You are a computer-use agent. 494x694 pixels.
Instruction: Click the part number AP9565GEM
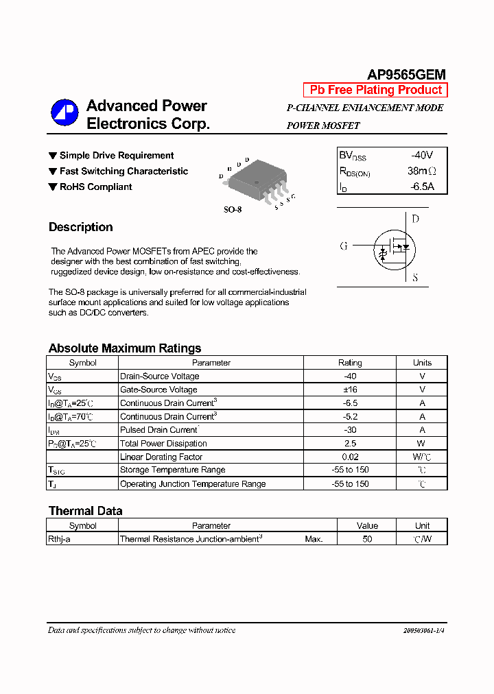click(x=406, y=75)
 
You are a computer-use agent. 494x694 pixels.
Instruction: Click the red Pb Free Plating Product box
click(x=375, y=90)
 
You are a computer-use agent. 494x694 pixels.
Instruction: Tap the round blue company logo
click(x=64, y=114)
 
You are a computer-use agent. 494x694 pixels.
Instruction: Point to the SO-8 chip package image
click(x=257, y=182)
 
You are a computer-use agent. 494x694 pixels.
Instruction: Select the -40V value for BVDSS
click(x=422, y=155)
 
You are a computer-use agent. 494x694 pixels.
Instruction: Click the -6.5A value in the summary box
click(x=422, y=187)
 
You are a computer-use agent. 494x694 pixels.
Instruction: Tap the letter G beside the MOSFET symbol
click(x=344, y=246)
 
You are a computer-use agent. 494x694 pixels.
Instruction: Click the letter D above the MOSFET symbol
click(x=415, y=219)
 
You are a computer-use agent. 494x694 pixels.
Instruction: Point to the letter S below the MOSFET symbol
click(x=415, y=278)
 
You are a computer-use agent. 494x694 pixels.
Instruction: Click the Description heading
click(x=80, y=227)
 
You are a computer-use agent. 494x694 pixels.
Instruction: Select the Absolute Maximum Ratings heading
click(x=125, y=348)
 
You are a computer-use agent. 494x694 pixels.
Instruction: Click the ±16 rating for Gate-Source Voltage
click(x=350, y=390)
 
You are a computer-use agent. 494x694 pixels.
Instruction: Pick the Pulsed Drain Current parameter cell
click(x=158, y=430)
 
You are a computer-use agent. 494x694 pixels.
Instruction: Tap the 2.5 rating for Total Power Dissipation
click(x=350, y=444)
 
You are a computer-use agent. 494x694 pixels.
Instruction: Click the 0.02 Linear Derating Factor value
click(x=350, y=457)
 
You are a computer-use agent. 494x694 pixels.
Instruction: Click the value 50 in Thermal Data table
click(x=367, y=539)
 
